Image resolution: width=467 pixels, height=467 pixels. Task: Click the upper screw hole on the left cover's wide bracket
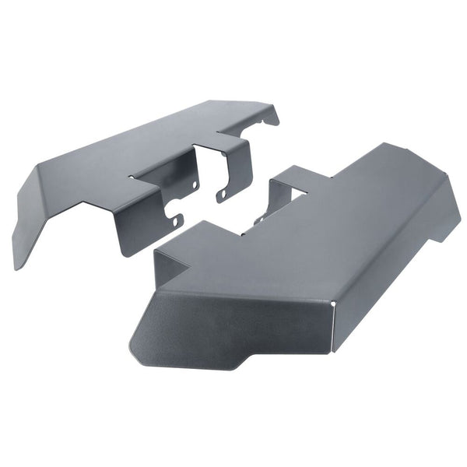[194, 184]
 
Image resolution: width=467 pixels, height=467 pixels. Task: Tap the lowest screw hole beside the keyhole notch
[179, 222]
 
